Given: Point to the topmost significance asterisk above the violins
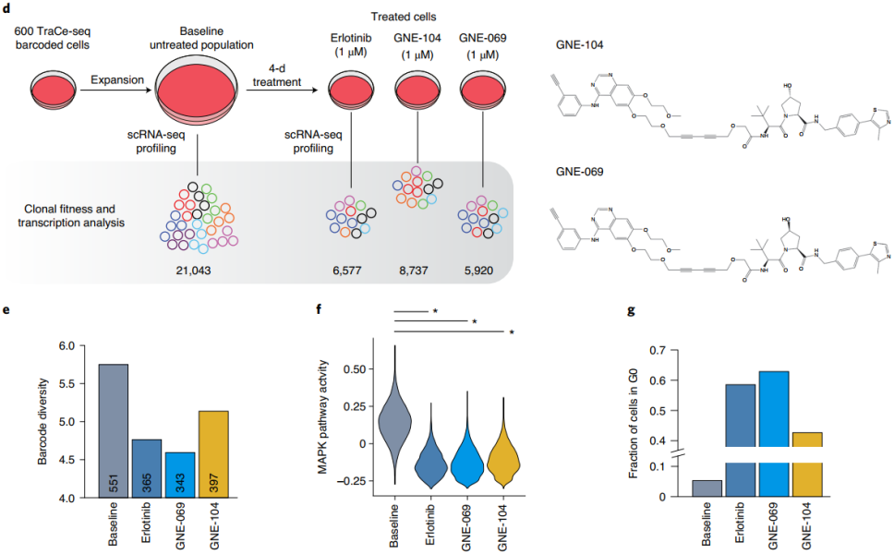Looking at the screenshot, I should point(434,312).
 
